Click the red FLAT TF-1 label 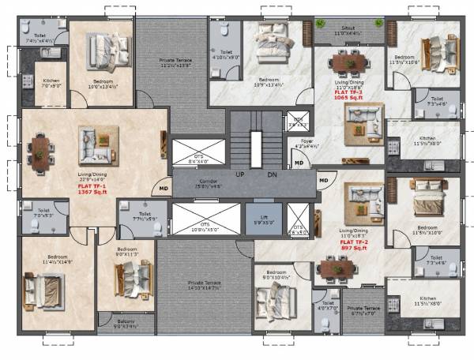point(92,186)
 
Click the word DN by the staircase point(272,174)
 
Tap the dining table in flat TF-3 point(348,62)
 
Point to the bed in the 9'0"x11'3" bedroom point(128,279)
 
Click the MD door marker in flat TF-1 point(163,189)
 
